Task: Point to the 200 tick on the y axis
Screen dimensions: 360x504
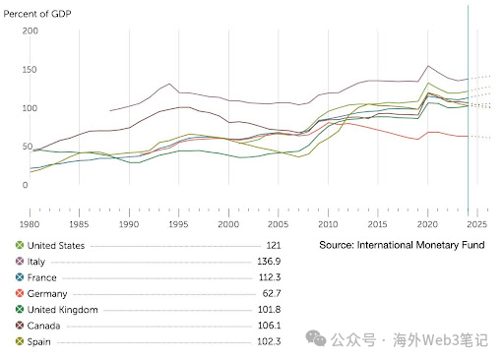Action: pos(30,31)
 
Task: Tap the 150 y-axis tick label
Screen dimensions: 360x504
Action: pos(30,70)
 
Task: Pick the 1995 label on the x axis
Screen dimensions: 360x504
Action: pos(178,224)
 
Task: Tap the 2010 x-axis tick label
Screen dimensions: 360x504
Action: pos(328,224)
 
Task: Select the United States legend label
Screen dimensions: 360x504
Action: pos(56,245)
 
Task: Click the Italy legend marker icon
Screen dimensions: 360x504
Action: pos(19,262)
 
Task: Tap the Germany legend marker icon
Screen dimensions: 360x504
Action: pos(19,293)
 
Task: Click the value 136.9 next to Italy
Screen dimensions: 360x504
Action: pos(270,262)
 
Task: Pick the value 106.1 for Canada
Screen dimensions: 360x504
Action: pos(270,325)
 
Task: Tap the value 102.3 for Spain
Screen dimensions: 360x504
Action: pos(270,340)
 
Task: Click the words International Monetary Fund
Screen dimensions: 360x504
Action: pos(423,245)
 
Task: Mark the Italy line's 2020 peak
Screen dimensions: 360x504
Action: pos(427,67)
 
